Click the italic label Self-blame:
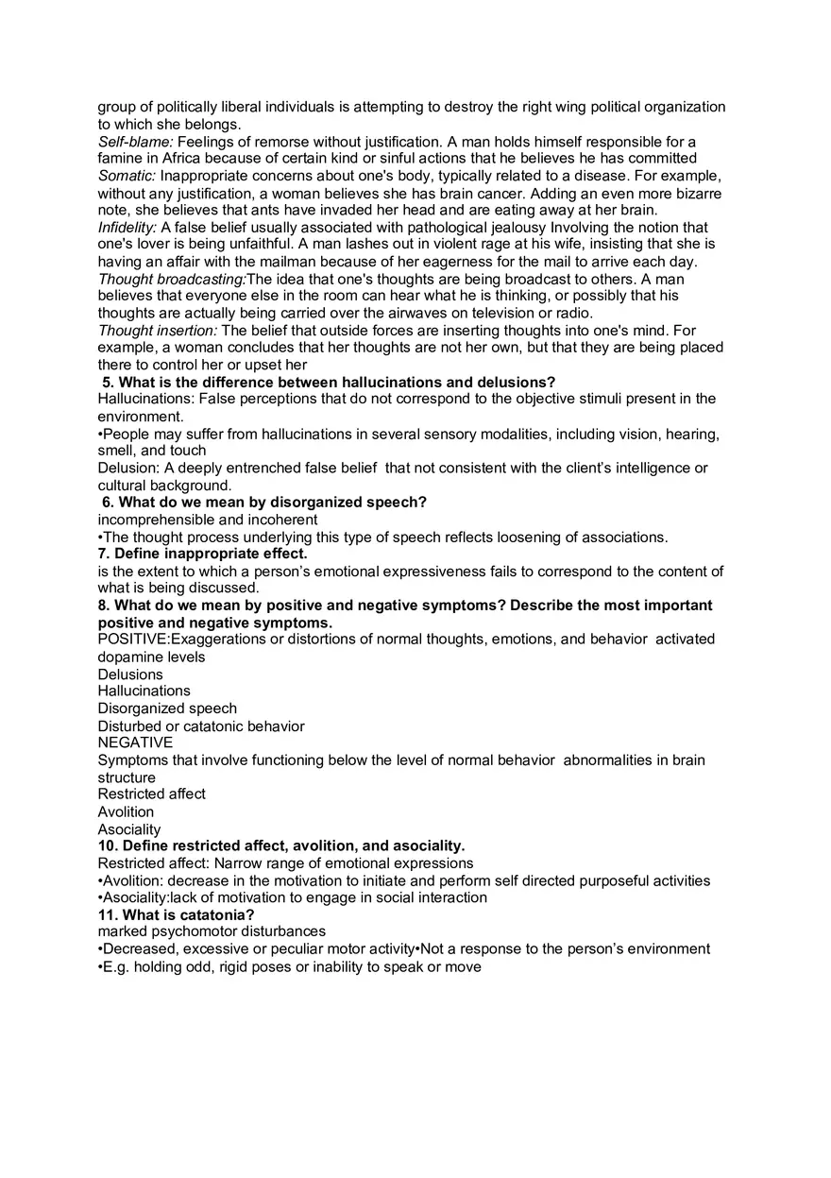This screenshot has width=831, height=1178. point(135,142)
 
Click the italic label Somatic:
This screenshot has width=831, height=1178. point(127,176)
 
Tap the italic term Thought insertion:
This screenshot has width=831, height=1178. point(157,331)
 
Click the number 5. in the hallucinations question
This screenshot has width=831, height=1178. point(108,383)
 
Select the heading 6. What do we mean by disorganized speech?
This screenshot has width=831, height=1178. point(263,503)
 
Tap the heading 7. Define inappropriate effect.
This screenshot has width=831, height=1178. point(202,554)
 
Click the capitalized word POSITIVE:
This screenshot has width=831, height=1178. point(133,640)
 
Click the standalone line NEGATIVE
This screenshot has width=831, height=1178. point(135,743)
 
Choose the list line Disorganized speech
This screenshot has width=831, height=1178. point(167,709)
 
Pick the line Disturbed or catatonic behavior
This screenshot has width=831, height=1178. point(200,726)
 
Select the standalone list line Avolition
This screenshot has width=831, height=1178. point(126,811)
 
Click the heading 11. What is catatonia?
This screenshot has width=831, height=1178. point(176,914)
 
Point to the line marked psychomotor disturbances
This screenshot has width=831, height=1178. point(211,931)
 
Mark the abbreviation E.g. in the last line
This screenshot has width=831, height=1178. point(116,967)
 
